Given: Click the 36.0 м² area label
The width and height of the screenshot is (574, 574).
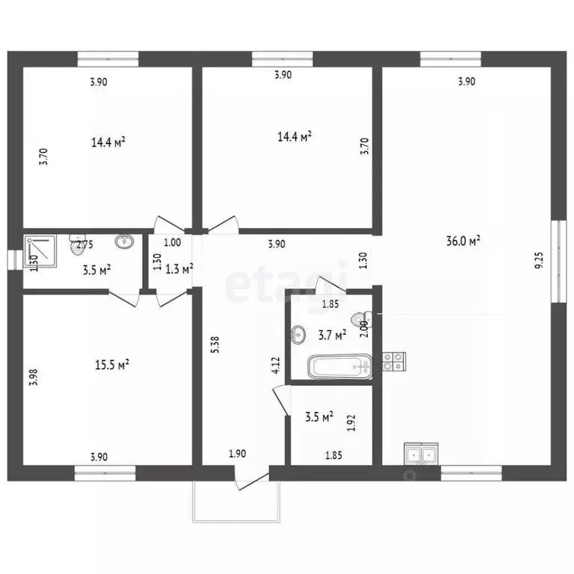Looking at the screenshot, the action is click(x=463, y=241).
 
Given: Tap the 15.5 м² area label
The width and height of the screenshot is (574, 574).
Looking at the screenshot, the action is click(x=112, y=365).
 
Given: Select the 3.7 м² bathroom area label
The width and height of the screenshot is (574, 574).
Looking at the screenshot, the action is click(x=333, y=335).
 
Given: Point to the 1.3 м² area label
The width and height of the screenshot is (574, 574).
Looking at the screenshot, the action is click(x=179, y=269).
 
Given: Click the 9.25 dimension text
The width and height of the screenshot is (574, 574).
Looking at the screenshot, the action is click(x=539, y=260).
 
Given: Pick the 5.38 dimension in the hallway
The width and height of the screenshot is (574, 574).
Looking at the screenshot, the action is click(x=215, y=345).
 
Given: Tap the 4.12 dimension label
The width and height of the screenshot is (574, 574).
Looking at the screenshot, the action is click(x=276, y=365).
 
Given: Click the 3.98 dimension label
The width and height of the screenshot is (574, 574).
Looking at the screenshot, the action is click(x=34, y=377).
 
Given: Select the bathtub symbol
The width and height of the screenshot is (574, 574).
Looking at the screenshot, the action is click(x=340, y=366).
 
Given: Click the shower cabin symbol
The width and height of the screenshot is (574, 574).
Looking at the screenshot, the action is click(x=40, y=251).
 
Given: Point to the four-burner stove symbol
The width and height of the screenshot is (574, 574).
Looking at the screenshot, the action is click(x=395, y=361).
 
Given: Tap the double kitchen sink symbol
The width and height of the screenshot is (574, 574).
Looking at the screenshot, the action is click(x=421, y=454).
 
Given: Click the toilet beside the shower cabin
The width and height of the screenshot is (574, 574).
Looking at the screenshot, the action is click(x=77, y=244).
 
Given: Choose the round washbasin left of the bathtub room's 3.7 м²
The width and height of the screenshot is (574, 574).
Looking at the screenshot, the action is click(x=298, y=334).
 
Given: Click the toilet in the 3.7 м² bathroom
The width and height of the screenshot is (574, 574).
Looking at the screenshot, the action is click(x=361, y=318).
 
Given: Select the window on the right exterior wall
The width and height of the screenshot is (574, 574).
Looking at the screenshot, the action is click(x=558, y=261).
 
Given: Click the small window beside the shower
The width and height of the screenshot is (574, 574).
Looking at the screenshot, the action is click(x=15, y=260).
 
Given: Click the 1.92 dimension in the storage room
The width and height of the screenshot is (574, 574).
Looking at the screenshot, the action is click(x=351, y=423).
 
